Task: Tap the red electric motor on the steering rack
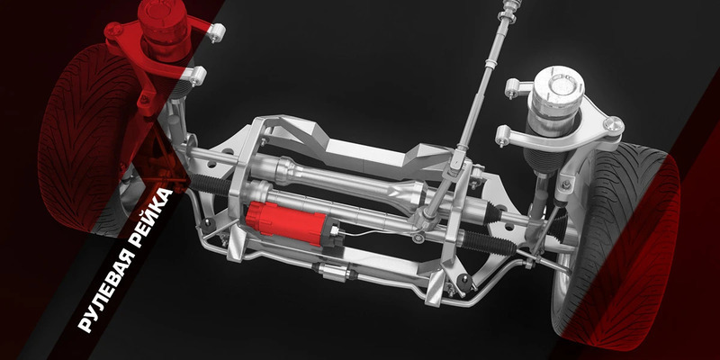[287, 222]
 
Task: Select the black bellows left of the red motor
[211, 184]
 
